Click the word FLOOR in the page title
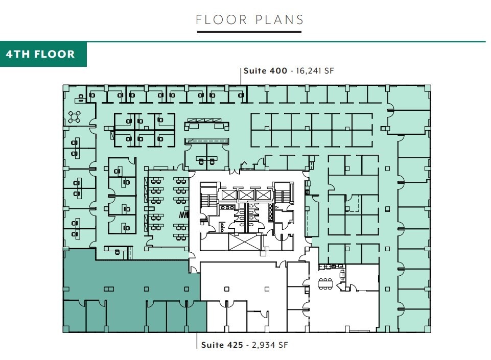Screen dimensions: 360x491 click(x=218, y=20)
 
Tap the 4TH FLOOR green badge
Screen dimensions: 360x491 click(x=43, y=54)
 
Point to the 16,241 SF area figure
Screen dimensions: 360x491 click(x=313, y=71)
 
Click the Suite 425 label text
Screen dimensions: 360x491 click(x=222, y=345)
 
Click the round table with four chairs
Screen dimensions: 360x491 click(x=74, y=117)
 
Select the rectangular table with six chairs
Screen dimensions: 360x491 click(x=325, y=283)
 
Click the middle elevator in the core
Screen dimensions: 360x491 click(x=245, y=195)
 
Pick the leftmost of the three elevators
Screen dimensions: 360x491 click(x=227, y=195)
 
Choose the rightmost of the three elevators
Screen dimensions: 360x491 click(x=263, y=195)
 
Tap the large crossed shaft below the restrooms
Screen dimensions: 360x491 click(x=244, y=242)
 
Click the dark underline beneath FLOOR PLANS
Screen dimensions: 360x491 click(x=249, y=33)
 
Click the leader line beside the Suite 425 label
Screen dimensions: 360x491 click(x=197, y=340)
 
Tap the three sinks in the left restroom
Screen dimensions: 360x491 click(x=226, y=208)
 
